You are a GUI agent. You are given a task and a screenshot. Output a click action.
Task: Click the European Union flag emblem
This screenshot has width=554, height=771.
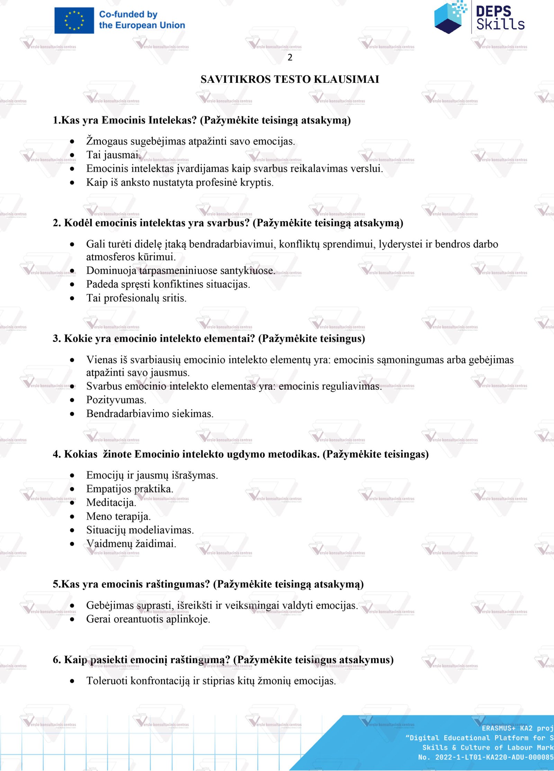click(x=74, y=20)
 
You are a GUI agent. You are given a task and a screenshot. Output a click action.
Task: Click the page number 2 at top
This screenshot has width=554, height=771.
click(x=290, y=58)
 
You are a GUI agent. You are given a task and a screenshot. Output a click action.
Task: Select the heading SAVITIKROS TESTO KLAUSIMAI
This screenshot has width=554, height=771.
click(x=290, y=79)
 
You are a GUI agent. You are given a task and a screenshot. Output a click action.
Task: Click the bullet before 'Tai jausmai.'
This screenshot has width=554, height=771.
click(x=72, y=155)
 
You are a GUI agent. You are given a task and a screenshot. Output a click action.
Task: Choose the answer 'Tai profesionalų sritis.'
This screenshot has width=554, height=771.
click(x=136, y=298)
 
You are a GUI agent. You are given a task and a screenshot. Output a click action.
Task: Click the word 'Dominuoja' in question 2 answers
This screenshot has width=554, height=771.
click(x=111, y=271)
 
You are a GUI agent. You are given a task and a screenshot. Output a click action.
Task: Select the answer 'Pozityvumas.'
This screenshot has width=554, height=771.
click(x=116, y=400)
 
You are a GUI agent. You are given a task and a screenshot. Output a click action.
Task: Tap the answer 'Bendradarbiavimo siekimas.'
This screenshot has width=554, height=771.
click(x=150, y=414)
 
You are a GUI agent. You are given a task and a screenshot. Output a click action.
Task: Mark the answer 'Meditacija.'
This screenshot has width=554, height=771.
click(x=111, y=503)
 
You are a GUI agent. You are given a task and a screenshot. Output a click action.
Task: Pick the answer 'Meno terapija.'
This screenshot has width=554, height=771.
click(x=118, y=517)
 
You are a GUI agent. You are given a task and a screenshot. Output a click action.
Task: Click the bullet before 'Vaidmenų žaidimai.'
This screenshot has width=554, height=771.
click(x=72, y=544)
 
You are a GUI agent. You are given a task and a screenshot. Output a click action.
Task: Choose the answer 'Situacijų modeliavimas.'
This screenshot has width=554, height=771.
click(x=140, y=530)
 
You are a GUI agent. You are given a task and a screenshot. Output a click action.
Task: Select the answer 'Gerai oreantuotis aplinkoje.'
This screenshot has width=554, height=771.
click(x=148, y=619)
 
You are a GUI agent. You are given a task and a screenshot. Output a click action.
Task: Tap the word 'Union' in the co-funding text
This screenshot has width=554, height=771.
click(x=172, y=25)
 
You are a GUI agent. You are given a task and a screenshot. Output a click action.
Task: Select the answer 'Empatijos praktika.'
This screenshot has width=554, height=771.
click(x=129, y=489)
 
